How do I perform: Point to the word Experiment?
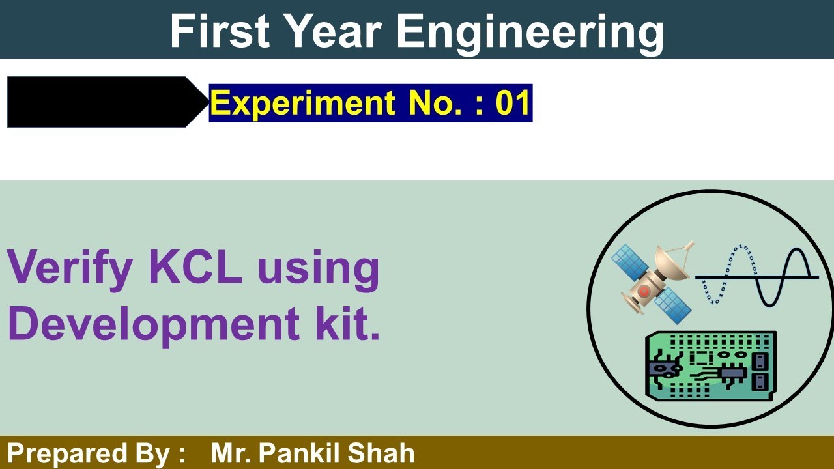coord(303,103)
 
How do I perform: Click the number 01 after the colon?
coord(513,103)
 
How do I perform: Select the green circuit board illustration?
coord(710,365)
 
